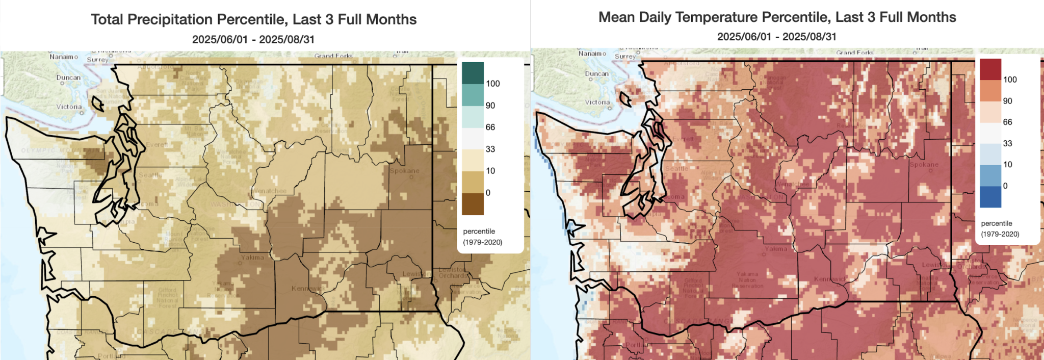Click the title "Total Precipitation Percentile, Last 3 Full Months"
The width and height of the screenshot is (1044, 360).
[253, 19]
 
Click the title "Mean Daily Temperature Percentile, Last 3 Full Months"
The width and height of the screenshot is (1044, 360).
[777, 17]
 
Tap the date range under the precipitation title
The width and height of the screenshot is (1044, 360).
[253, 39]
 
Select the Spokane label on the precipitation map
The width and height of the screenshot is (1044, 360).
[404, 171]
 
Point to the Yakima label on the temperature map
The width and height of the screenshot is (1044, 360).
[775, 249]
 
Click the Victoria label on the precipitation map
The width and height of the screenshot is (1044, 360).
[69, 107]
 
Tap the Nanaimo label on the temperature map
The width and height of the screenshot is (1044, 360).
[592, 54]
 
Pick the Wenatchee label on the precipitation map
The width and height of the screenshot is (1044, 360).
[269, 191]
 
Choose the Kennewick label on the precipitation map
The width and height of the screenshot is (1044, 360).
[308, 289]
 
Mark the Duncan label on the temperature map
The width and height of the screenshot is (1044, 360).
[596, 74]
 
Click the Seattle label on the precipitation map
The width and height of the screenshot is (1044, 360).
[150, 175]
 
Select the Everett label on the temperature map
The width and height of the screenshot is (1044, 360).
[683, 139]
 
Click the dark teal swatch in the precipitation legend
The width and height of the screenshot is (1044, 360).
[473, 73]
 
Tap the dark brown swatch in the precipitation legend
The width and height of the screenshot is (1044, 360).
[473, 204]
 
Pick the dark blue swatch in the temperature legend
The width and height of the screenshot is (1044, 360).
[990, 197]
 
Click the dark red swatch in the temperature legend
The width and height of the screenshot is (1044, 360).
[990, 69]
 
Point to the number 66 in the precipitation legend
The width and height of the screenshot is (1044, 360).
[490, 127]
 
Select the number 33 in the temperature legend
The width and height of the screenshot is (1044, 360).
[1007, 143]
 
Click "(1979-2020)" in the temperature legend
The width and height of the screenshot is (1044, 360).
[1000, 234]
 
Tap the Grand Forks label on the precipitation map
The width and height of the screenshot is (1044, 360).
[333, 56]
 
